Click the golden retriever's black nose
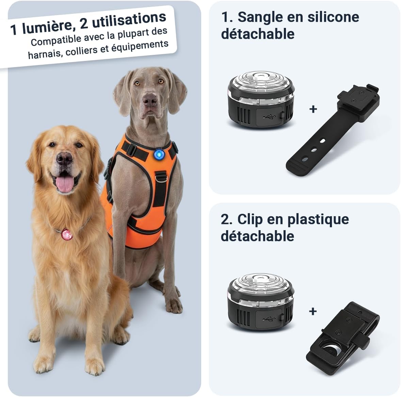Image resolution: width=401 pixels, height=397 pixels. (64, 159)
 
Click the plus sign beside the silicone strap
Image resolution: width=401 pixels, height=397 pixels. (313, 109)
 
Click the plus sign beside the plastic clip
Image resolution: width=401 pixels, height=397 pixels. (313, 311)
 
